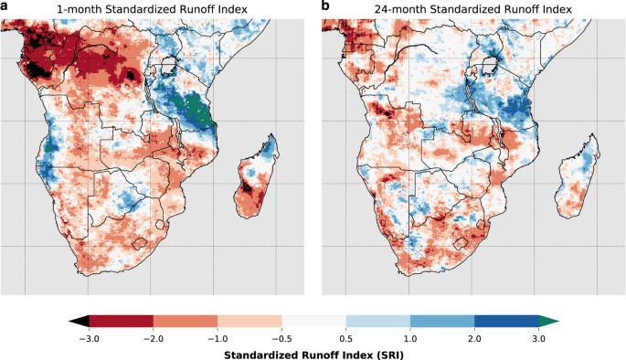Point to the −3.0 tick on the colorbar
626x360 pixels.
click(89, 337)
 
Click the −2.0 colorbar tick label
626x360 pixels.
click(153, 337)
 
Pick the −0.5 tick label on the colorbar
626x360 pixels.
click(281, 337)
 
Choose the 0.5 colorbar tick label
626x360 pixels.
click(345, 337)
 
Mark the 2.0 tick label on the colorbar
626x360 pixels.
click(474, 337)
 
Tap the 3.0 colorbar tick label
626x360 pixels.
click(538, 337)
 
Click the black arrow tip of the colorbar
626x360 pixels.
click(79, 321)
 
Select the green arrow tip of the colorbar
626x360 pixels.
click(548, 321)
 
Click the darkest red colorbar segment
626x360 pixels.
click(121, 321)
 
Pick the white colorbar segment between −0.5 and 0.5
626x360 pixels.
click(313, 321)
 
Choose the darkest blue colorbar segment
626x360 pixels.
click(506, 321)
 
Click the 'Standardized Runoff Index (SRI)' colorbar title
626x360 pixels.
click(313, 353)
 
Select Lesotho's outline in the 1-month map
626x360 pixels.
click(140, 243)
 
